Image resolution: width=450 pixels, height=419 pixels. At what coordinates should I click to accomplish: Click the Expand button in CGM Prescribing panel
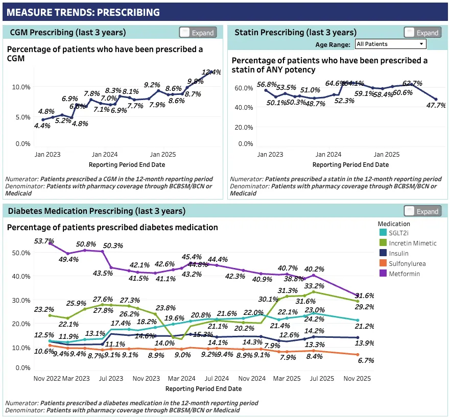click(x=198, y=33)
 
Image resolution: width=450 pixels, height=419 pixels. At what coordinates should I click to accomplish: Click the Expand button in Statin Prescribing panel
click(x=422, y=33)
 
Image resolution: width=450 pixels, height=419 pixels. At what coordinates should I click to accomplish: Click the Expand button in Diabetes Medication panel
click(x=422, y=211)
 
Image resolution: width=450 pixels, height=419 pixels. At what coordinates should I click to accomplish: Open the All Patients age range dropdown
click(x=390, y=44)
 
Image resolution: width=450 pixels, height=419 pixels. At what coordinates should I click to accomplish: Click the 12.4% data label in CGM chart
click(x=211, y=72)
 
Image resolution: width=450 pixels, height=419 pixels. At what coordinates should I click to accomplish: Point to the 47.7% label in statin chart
click(x=436, y=106)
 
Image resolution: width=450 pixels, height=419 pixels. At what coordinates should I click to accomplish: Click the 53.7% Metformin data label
click(x=44, y=241)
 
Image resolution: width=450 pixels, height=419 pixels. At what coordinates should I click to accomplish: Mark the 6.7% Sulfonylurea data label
click(x=366, y=360)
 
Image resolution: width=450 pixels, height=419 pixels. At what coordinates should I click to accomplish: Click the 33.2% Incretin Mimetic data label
click(x=314, y=286)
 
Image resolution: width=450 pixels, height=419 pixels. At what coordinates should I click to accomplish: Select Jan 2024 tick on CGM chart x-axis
click(x=104, y=155)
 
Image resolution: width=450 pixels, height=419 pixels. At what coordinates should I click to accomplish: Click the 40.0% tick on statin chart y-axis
click(x=243, y=108)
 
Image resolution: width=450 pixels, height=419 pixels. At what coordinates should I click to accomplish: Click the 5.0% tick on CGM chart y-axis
click(x=21, y=117)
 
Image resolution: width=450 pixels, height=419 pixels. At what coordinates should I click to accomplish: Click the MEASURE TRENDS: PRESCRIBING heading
click(x=83, y=12)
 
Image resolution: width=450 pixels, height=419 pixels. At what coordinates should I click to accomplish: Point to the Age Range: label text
click(x=333, y=44)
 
